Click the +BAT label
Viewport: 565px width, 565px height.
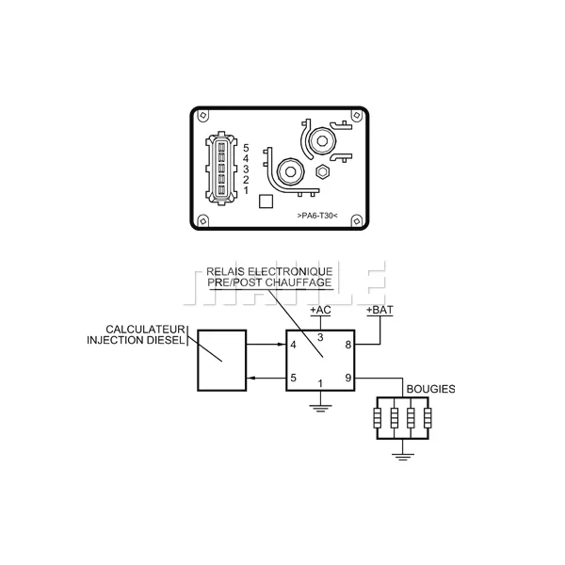[x=379, y=310]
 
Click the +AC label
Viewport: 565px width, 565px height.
[x=320, y=310]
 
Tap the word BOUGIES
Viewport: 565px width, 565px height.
[x=430, y=389]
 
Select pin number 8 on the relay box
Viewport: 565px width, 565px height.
[x=347, y=345]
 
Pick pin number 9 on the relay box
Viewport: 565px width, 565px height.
[x=347, y=378]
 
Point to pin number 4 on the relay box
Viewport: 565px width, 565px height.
[x=293, y=345]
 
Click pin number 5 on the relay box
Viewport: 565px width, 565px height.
[x=293, y=378]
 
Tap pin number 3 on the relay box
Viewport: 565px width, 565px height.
[x=320, y=338]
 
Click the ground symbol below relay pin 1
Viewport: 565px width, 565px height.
[x=320, y=408]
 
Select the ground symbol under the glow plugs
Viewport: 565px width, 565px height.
[x=402, y=457]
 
